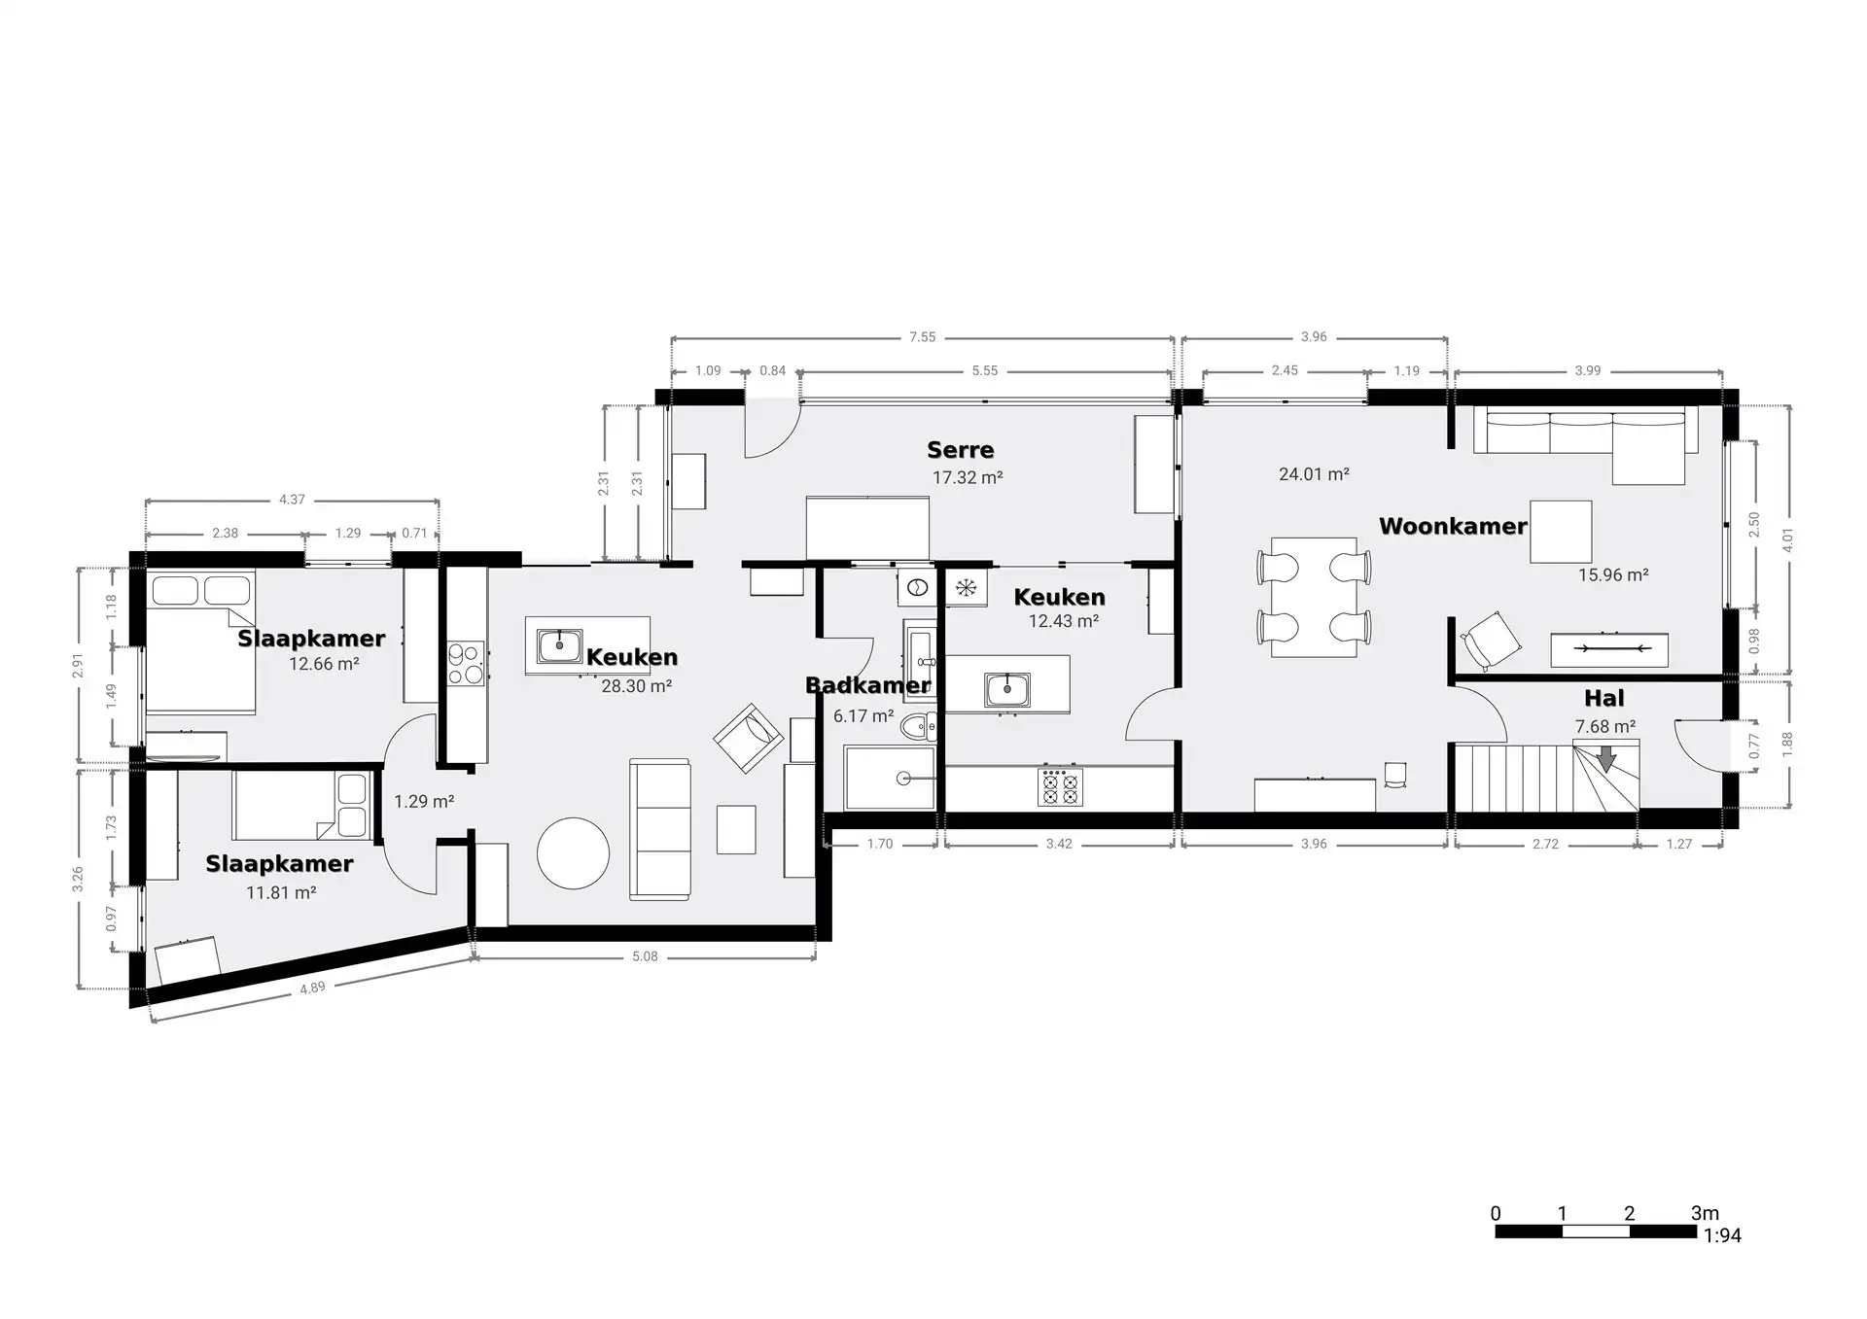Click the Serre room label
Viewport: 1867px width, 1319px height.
click(960, 450)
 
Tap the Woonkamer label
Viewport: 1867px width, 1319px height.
click(1452, 527)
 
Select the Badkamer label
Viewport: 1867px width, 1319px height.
click(867, 685)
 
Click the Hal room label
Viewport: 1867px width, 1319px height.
click(1603, 698)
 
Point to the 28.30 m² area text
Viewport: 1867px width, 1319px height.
click(636, 686)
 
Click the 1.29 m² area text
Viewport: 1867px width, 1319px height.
click(424, 802)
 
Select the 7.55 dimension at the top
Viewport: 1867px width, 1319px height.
click(922, 337)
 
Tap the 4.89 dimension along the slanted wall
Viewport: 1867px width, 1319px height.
click(312, 989)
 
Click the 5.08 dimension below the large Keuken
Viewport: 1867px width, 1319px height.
click(645, 956)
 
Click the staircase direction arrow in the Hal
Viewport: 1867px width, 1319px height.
click(1605, 758)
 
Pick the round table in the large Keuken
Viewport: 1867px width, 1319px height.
click(574, 853)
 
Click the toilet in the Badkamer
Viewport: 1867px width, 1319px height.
click(917, 726)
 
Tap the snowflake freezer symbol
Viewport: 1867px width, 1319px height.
click(966, 587)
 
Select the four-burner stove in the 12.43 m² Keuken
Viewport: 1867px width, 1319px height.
click(1060, 786)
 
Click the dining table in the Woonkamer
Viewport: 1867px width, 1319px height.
click(1314, 597)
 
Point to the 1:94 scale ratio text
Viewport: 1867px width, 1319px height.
click(1723, 1236)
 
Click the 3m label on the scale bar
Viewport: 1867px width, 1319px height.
click(1705, 1213)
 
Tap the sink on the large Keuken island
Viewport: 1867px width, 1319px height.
click(559, 643)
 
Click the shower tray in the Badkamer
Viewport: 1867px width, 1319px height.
click(890, 778)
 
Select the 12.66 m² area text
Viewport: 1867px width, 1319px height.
click(324, 665)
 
